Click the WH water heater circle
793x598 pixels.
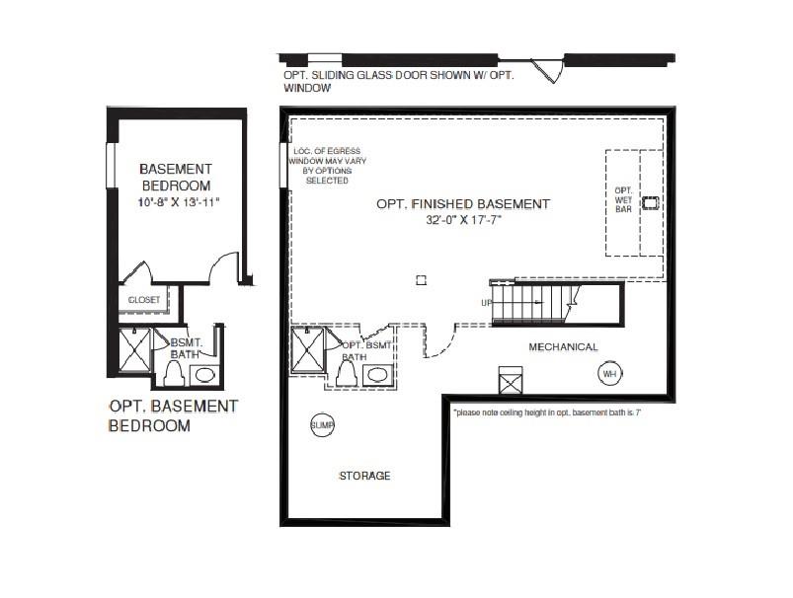609,374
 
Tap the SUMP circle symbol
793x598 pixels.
323,425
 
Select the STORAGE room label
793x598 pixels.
365,476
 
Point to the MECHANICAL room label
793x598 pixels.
563,347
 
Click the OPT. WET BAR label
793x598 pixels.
622,200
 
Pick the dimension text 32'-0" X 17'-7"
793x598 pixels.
463,221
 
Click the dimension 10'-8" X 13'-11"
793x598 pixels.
178,202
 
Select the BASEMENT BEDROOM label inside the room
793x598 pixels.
175,177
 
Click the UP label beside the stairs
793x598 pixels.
486,303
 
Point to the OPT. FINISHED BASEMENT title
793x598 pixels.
462,204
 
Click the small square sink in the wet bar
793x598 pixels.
650,203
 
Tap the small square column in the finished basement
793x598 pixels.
421,280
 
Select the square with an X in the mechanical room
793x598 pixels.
510,381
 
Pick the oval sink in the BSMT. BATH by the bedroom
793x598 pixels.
205,376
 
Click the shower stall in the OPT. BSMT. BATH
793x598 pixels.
308,352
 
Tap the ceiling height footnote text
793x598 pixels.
547,412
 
